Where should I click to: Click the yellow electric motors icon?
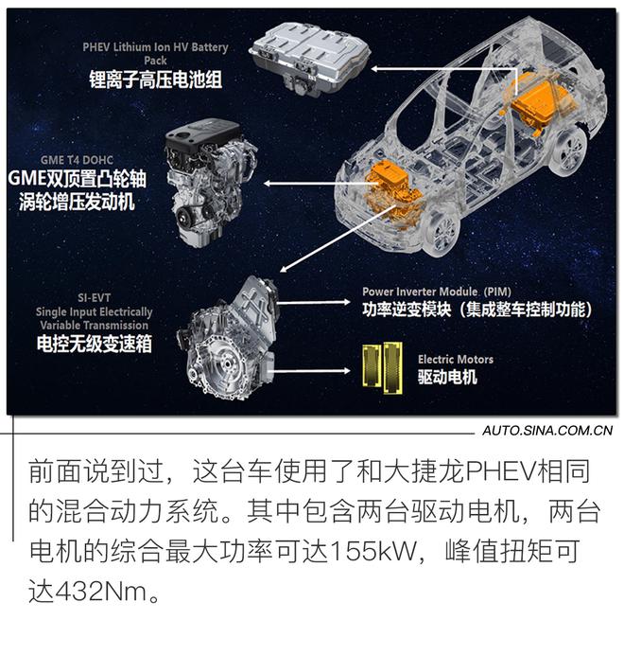[x=383, y=366]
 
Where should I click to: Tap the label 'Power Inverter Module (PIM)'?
[x=438, y=292]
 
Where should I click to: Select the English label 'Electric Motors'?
[x=455, y=360]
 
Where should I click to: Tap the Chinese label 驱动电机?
[x=446, y=378]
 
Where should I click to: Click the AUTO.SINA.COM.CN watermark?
[x=547, y=432]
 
